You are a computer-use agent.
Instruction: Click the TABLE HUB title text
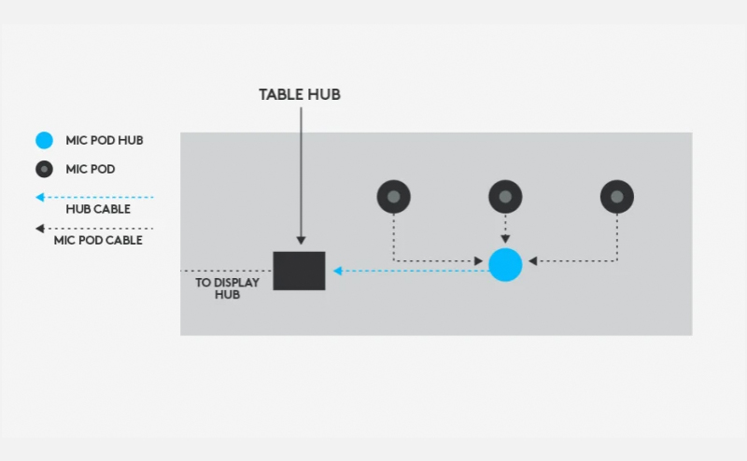click(300, 94)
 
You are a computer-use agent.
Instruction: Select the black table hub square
click(299, 271)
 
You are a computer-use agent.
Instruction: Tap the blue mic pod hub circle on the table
click(505, 265)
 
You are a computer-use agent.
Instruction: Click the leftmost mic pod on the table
click(393, 197)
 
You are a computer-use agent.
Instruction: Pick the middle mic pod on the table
click(505, 197)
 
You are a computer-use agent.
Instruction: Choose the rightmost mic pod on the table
click(617, 197)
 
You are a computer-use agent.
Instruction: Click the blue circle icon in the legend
click(44, 141)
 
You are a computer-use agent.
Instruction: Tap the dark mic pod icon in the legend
click(44, 169)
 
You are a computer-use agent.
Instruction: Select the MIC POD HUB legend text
click(105, 141)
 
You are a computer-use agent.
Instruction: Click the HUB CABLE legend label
click(98, 209)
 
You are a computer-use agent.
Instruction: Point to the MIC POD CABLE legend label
click(98, 240)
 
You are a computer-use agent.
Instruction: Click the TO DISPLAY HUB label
click(227, 288)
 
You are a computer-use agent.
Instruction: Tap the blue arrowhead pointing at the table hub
click(337, 271)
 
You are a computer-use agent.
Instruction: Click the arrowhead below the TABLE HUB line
click(301, 241)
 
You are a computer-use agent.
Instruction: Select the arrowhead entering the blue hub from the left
click(479, 261)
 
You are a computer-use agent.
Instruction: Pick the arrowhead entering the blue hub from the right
click(532, 261)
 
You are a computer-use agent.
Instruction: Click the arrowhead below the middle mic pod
click(505, 239)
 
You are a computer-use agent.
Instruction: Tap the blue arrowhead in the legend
click(40, 197)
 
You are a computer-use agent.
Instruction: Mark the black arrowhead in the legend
click(40, 229)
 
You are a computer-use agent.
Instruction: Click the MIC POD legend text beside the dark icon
click(91, 169)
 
